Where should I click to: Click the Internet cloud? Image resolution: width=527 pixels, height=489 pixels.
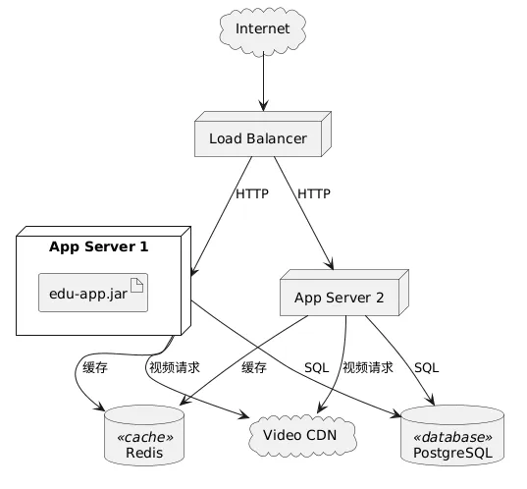point(262,29)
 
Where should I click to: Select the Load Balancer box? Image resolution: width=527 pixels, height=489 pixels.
point(263,135)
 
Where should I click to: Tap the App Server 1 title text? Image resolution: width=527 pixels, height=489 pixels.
point(98,246)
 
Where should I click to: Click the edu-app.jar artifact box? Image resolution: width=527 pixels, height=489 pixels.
point(93,293)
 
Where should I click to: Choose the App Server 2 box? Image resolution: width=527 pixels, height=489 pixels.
point(344,293)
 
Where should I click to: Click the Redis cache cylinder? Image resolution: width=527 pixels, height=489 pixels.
point(144,436)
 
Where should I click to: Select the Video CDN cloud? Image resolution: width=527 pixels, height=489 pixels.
point(302,436)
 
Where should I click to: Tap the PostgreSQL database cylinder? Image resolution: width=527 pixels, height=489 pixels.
point(452,436)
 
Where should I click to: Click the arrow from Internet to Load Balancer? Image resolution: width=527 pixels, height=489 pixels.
point(263,81)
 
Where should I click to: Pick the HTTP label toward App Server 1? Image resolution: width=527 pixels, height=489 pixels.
point(252,194)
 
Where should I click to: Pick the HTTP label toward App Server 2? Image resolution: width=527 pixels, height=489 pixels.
point(314,194)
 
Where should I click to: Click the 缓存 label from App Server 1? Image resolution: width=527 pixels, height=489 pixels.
point(95,367)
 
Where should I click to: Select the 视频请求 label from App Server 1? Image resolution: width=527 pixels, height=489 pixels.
point(175,367)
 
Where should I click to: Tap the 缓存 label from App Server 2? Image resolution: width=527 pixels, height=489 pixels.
point(254,367)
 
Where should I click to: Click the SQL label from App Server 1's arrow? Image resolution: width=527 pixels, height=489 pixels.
point(316,367)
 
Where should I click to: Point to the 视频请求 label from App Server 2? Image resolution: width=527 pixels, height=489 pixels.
point(368,367)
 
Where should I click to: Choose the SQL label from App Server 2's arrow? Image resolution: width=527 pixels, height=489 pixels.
point(427,367)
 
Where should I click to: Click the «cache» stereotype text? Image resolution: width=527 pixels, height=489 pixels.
point(145,437)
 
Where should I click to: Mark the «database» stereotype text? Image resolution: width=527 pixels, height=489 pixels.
point(452,437)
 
